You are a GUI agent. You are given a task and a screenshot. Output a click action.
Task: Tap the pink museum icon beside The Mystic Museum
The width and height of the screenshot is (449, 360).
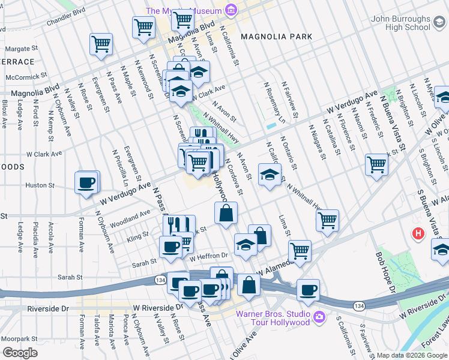230,10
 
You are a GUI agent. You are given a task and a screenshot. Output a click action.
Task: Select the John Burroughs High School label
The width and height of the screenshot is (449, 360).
400,23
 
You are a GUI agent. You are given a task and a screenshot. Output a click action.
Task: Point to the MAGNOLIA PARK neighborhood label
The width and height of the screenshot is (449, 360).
276,37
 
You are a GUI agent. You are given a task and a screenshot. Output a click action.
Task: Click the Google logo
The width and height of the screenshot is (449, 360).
20,353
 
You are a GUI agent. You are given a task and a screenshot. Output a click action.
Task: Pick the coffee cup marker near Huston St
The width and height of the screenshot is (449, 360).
86,182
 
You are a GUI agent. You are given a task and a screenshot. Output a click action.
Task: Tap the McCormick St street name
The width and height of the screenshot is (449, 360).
25,77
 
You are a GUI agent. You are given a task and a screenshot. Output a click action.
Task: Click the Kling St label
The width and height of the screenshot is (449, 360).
137,238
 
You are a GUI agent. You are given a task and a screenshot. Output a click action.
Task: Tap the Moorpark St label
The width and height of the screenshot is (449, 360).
19,339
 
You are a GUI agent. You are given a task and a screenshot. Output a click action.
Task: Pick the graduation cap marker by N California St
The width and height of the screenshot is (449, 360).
270,175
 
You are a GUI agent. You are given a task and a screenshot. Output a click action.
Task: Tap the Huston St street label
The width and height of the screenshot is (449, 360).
40,185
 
